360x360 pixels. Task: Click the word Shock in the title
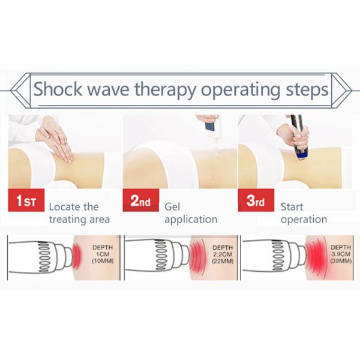(58, 89)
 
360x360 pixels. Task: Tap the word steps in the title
(305, 90)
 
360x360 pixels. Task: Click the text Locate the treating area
(79, 213)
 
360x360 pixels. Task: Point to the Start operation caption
(304, 213)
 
